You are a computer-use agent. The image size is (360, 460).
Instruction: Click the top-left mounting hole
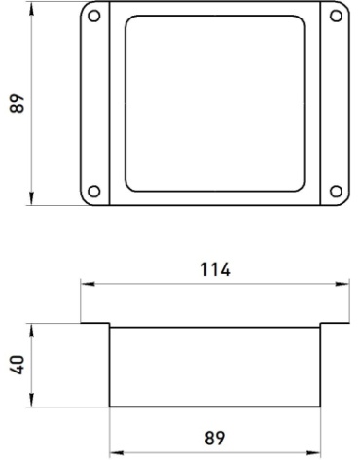(94, 16)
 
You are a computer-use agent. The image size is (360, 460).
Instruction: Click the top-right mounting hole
(336, 16)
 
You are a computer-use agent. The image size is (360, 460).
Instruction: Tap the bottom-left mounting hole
(94, 191)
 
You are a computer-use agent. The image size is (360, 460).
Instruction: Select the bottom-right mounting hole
(336, 191)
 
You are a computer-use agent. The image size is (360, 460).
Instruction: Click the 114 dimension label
(215, 269)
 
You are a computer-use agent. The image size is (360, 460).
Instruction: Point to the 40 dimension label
(18, 365)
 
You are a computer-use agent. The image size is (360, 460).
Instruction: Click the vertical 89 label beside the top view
(18, 103)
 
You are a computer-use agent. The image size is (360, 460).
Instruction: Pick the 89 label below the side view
(215, 438)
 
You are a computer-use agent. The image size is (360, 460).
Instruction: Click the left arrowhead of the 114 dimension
(88, 284)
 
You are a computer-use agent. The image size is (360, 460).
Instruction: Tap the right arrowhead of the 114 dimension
(342, 284)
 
